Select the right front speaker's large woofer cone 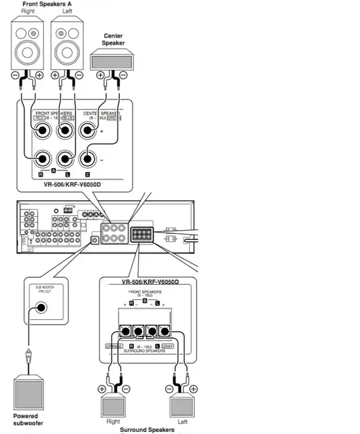pos(27,51)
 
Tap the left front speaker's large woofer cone pos(67,51)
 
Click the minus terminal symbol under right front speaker pos(15,75)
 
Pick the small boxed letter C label pos(87,173)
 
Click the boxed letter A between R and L pos(53,173)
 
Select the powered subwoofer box pos(30,393)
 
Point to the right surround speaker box pos(115,405)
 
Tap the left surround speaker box pos(184,405)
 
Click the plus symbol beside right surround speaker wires pos(102,388)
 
